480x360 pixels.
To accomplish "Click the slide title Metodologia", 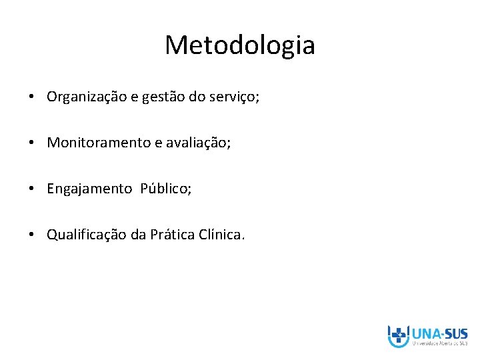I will point(240,45).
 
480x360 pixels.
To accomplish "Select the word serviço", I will point(234,97).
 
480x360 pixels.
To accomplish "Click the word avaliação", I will point(201,143).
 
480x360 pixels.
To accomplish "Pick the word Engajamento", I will point(89,189).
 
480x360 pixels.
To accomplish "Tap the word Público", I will point(165,189).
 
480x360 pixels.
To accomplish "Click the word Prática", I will point(173,235).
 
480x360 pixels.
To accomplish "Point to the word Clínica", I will point(223,235).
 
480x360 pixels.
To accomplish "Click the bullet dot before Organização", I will point(32,97).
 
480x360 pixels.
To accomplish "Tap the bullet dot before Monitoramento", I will point(32,143).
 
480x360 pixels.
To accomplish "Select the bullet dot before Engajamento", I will point(32,189).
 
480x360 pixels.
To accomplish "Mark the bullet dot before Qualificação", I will point(32,235).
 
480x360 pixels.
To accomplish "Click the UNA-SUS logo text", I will point(440,333).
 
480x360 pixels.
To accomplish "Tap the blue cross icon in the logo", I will point(399,335).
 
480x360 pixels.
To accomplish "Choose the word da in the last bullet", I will point(138,235).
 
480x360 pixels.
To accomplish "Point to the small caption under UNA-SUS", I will point(440,345).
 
